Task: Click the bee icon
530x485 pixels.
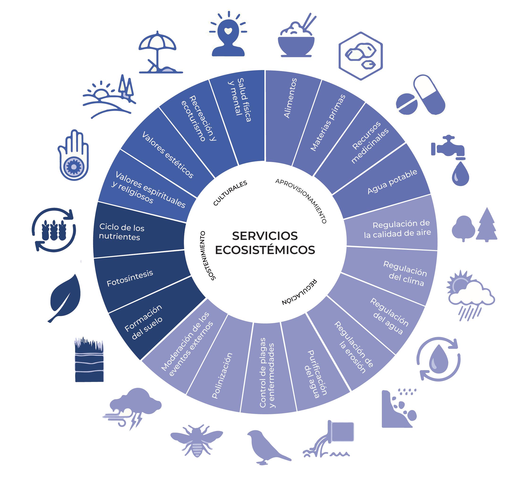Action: point(196,441)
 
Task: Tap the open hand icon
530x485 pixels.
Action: point(74,155)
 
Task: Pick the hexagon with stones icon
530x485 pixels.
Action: point(360,56)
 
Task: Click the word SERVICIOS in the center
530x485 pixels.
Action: point(265,236)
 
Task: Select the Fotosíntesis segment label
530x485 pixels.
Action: point(130,278)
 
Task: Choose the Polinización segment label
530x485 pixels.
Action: point(222,376)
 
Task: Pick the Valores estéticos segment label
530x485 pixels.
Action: point(168,155)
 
